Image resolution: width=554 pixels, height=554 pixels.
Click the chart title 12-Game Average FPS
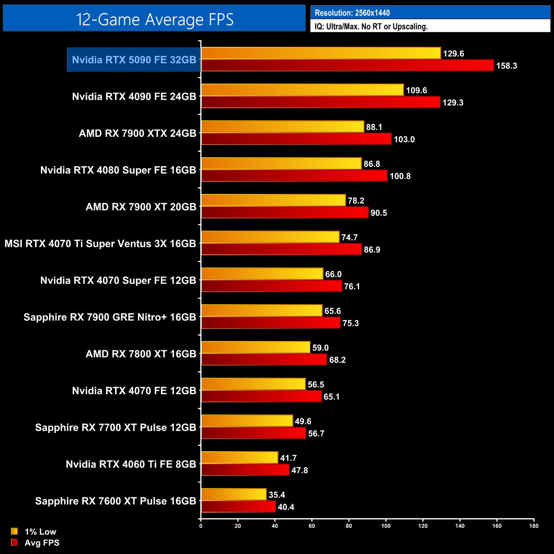(154, 19)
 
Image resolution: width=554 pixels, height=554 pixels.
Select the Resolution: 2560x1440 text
(352, 13)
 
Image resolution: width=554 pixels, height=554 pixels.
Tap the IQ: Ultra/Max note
(371, 26)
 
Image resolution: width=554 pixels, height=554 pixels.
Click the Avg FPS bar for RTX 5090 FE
(347, 66)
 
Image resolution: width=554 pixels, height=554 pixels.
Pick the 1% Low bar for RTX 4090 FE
(302, 90)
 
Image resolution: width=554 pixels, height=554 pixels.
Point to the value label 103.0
(404, 139)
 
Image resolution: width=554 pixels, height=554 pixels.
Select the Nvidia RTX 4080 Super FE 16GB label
(118, 170)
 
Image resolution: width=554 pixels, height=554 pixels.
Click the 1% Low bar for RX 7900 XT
(273, 200)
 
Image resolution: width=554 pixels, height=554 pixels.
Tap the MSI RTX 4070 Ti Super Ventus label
(100, 244)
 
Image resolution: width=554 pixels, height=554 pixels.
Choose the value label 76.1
(352, 286)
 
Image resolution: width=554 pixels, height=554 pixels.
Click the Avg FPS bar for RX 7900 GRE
(271, 323)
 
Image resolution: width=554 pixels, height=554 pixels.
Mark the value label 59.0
(320, 348)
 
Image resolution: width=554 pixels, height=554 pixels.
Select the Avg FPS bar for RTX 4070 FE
(261, 397)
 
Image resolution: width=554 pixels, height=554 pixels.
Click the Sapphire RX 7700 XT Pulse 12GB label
(115, 427)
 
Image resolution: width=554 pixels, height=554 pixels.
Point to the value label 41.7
(289, 458)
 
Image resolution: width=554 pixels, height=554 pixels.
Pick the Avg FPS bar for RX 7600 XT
(238, 507)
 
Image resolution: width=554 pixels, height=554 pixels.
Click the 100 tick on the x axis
(386, 526)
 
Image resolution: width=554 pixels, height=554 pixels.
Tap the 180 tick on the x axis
(534, 526)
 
